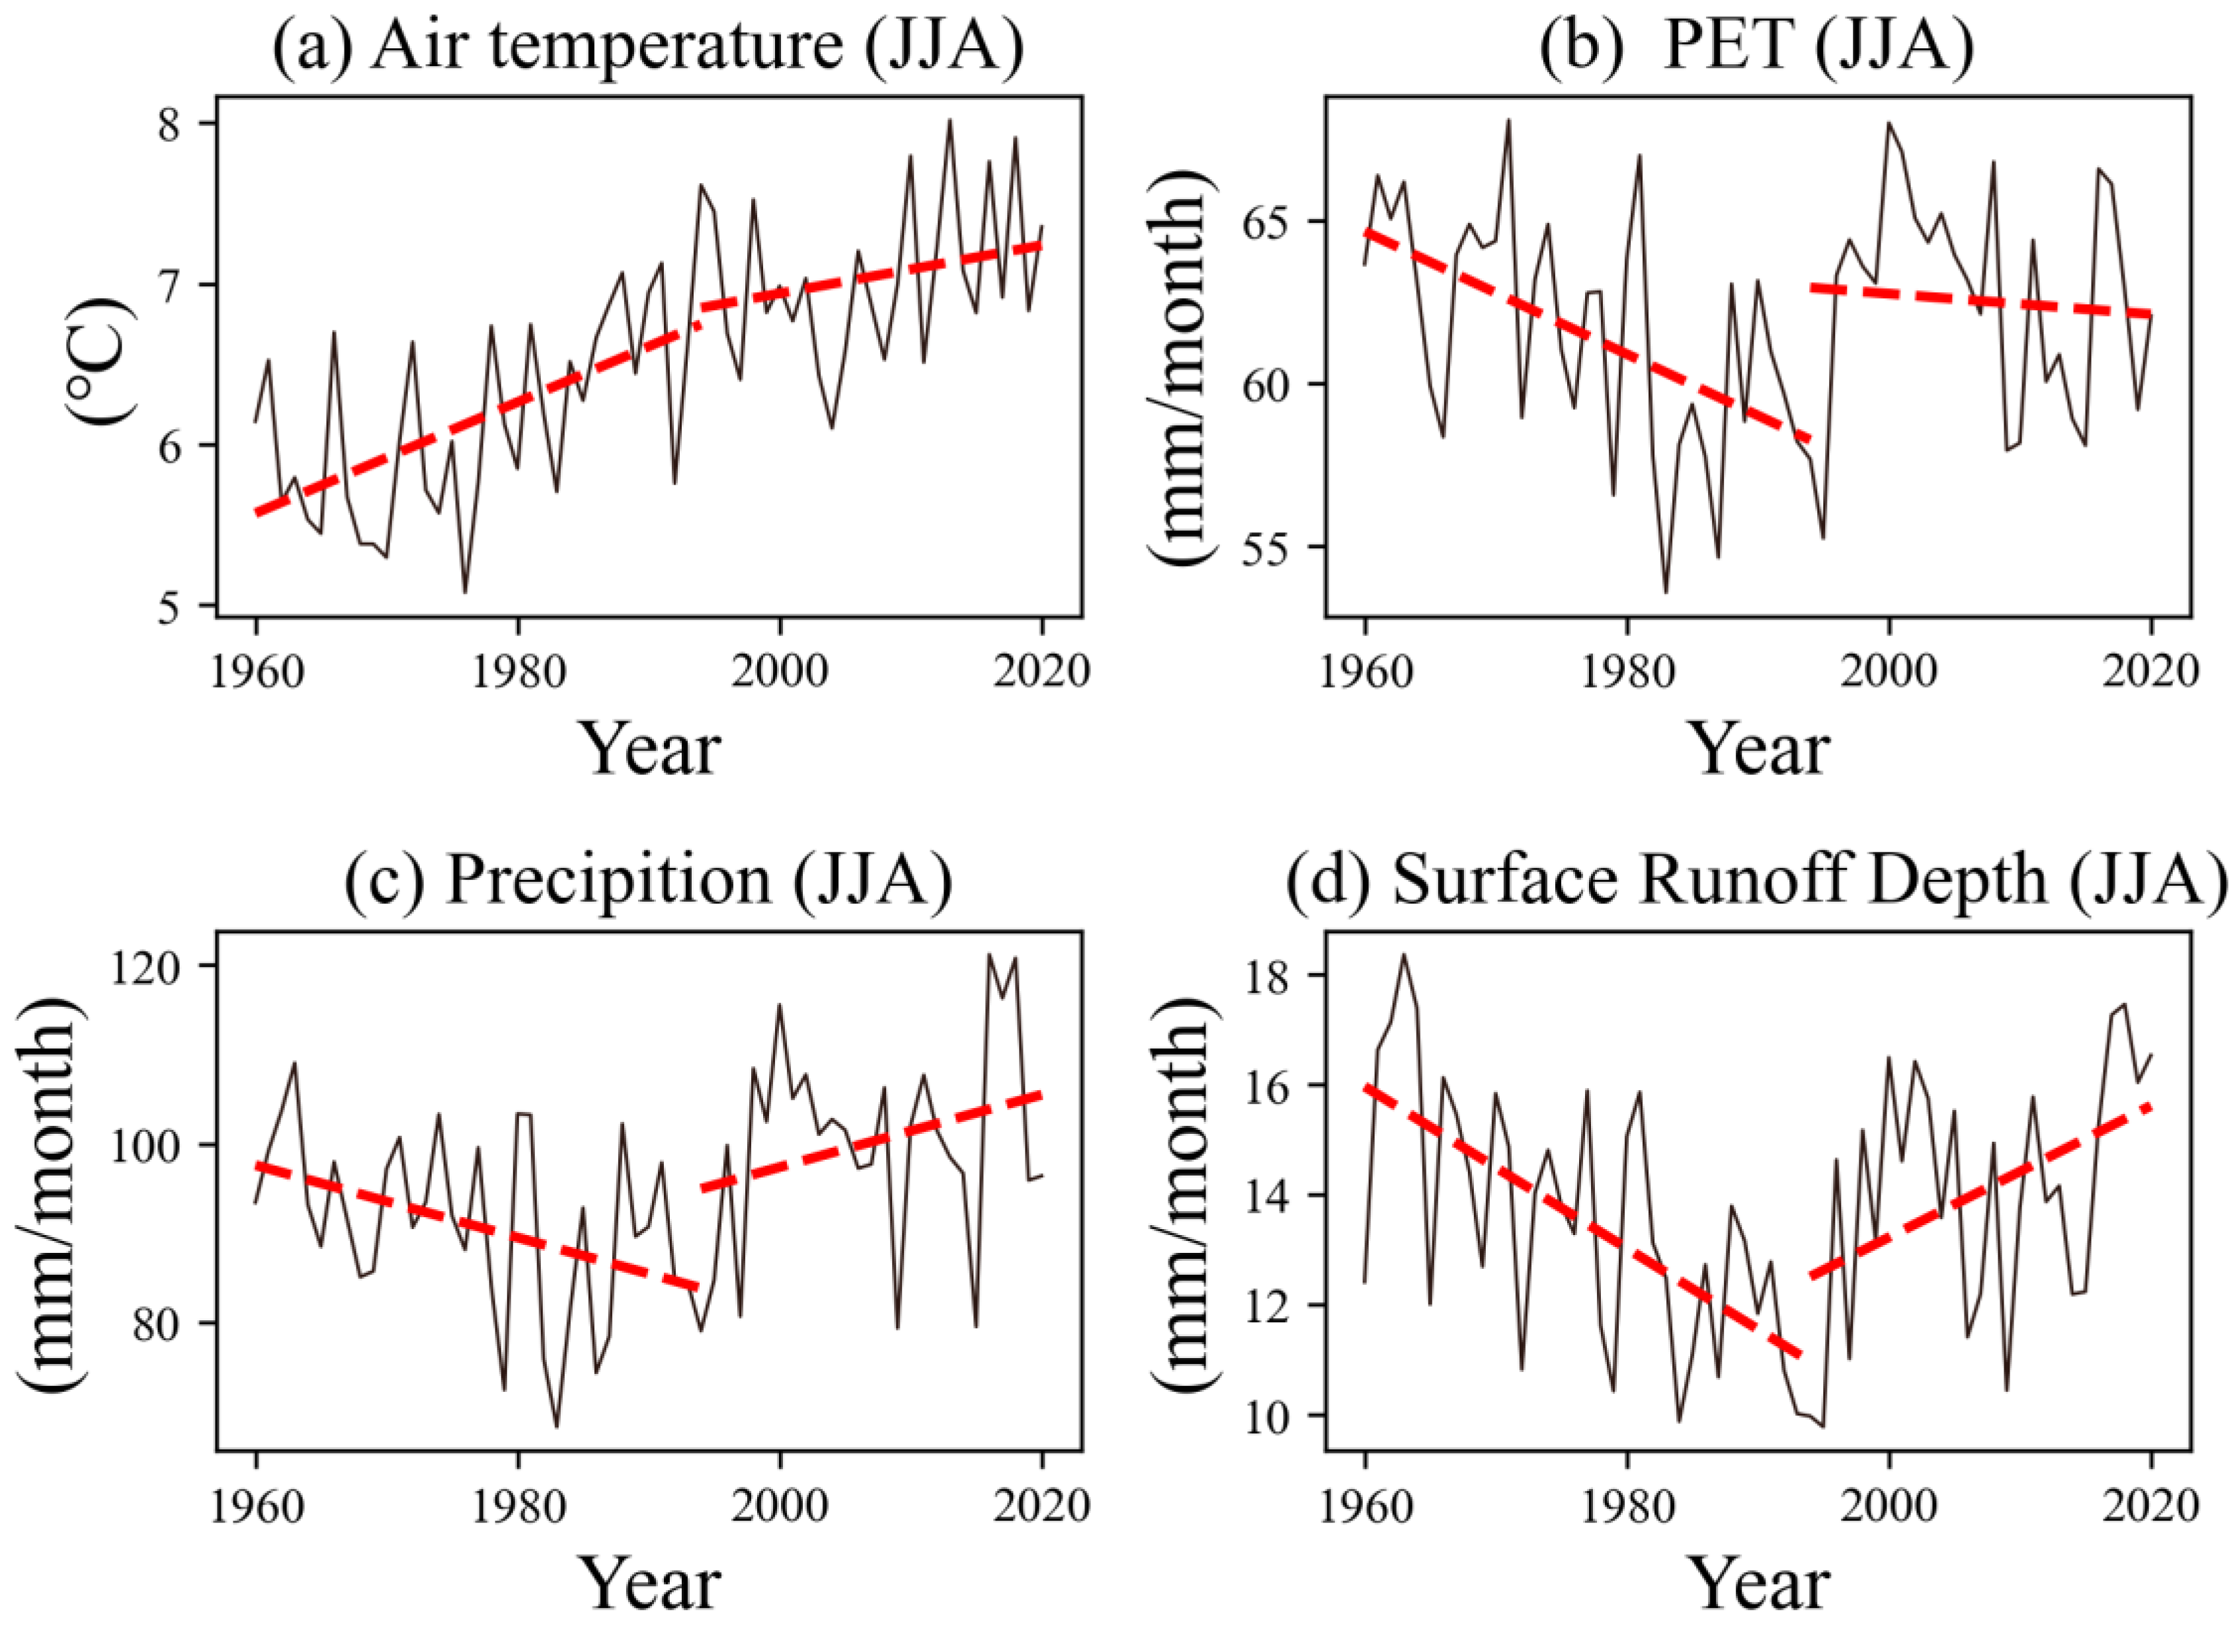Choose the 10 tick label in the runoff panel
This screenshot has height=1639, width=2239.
[1279, 1415]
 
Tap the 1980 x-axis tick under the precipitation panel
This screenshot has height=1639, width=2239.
[518, 1506]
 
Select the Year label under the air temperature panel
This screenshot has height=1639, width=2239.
[650, 749]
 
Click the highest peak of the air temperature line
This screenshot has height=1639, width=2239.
[950, 121]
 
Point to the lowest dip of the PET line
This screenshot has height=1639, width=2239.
[1666, 592]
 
